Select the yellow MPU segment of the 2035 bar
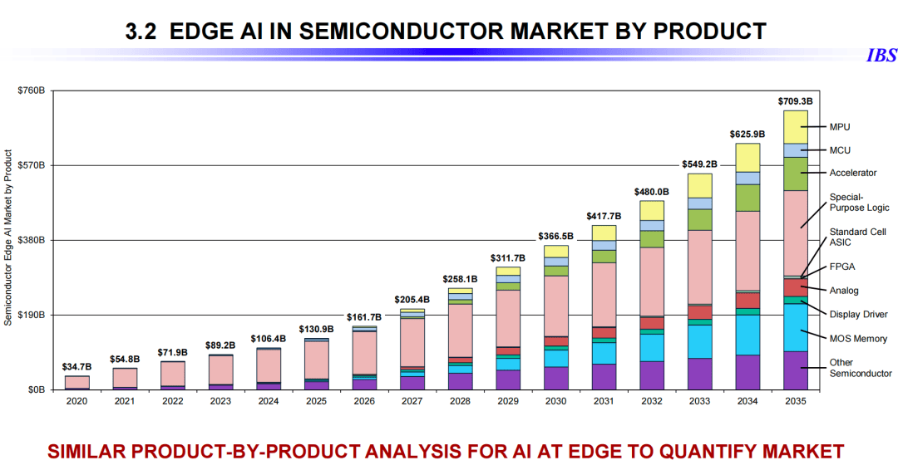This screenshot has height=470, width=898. point(796,126)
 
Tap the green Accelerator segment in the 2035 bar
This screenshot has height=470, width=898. point(796,174)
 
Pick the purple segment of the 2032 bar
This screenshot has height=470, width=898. point(652,375)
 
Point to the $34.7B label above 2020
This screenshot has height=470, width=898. point(76,366)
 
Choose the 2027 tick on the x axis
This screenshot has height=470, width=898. point(412,401)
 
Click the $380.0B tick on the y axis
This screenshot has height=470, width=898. point(31,241)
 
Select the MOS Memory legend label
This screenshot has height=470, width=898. point(858,339)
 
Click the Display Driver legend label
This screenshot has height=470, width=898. point(858,315)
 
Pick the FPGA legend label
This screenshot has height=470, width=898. point(842,267)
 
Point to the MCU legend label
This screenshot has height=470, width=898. point(840,150)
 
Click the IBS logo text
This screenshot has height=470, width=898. point(881,56)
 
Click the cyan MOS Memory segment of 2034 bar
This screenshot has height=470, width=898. point(748,335)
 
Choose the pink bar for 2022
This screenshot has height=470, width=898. point(173,374)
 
